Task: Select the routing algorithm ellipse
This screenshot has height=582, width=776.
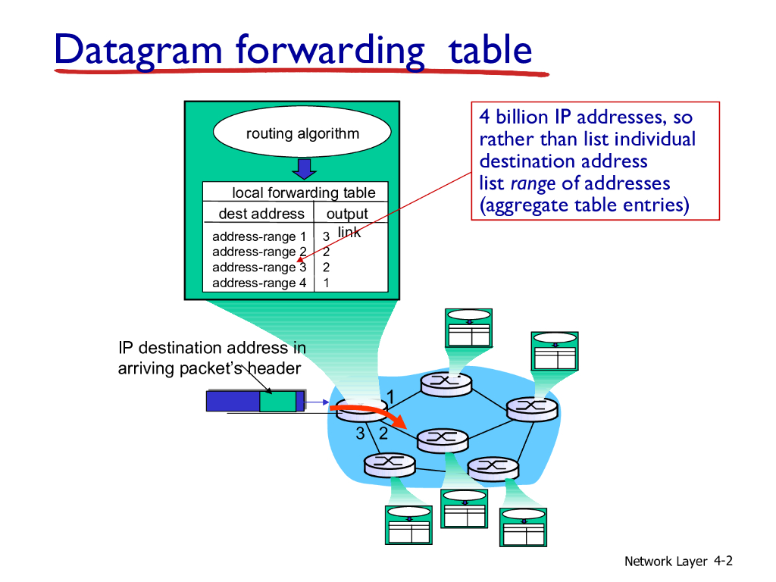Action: (x=302, y=133)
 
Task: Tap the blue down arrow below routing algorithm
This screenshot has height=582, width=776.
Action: (x=304, y=167)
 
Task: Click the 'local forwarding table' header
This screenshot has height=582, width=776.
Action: (x=303, y=192)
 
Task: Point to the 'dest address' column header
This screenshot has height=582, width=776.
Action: (x=261, y=214)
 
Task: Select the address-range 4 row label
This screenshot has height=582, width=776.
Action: (x=259, y=283)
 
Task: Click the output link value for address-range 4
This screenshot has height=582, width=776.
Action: (x=326, y=283)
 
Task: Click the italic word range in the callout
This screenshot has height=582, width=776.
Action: (x=533, y=183)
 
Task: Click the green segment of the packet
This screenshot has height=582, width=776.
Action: (x=277, y=401)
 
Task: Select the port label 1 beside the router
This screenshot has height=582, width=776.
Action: (x=390, y=396)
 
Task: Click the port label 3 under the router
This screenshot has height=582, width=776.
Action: (x=361, y=433)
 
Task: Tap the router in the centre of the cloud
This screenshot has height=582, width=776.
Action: (x=441, y=437)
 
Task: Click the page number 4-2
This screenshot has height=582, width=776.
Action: (x=723, y=561)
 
